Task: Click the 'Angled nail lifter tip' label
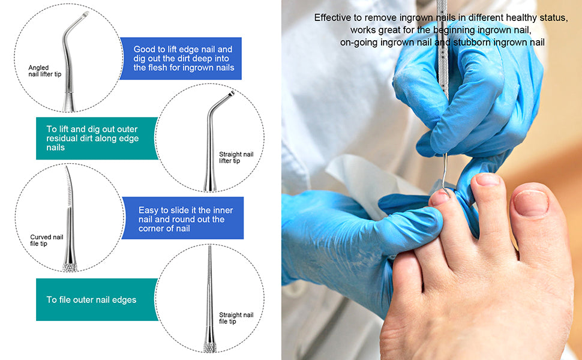pyautogui.click(x=45, y=71)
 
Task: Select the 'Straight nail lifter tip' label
pyautogui.click(x=236, y=157)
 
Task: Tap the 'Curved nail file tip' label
pyautogui.click(x=46, y=240)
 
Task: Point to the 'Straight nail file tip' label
pyautogui.click(x=236, y=318)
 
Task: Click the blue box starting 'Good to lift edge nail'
pyautogui.click(x=181, y=58)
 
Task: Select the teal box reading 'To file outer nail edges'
pyautogui.click(x=97, y=299)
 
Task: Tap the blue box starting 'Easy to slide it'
pyautogui.click(x=182, y=218)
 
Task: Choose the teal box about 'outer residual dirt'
pyautogui.click(x=97, y=138)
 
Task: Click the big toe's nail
pyautogui.click(x=531, y=203)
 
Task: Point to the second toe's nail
pyautogui.click(x=488, y=180)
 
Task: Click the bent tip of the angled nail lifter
pyautogui.click(x=84, y=15)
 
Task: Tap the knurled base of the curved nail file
pyautogui.click(x=70, y=267)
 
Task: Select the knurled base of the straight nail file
pyautogui.click(x=210, y=347)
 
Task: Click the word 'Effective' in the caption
pyautogui.click(x=332, y=17)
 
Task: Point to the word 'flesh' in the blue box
pyautogui.click(x=157, y=68)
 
